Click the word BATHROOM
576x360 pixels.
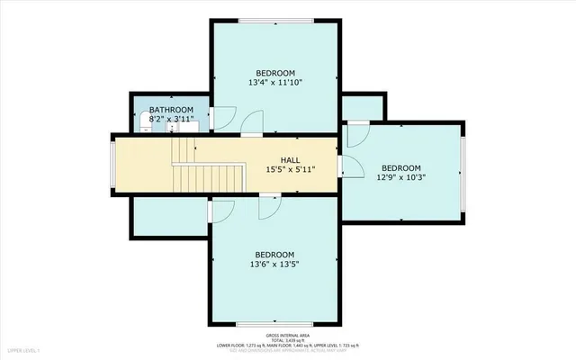tap(171, 110)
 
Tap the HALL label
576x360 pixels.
tap(289, 160)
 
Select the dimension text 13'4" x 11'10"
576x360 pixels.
tap(275, 83)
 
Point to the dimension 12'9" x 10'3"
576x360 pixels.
tap(400, 177)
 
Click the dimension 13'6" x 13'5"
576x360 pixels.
tap(274, 265)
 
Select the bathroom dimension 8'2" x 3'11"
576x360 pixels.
tap(171, 119)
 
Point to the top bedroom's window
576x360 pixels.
tap(275, 21)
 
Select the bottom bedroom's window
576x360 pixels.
tap(274, 321)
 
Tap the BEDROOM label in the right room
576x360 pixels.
tap(400, 167)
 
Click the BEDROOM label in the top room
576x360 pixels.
tap(275, 73)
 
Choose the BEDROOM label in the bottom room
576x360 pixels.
tap(274, 255)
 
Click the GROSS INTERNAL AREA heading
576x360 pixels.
tap(288, 333)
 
